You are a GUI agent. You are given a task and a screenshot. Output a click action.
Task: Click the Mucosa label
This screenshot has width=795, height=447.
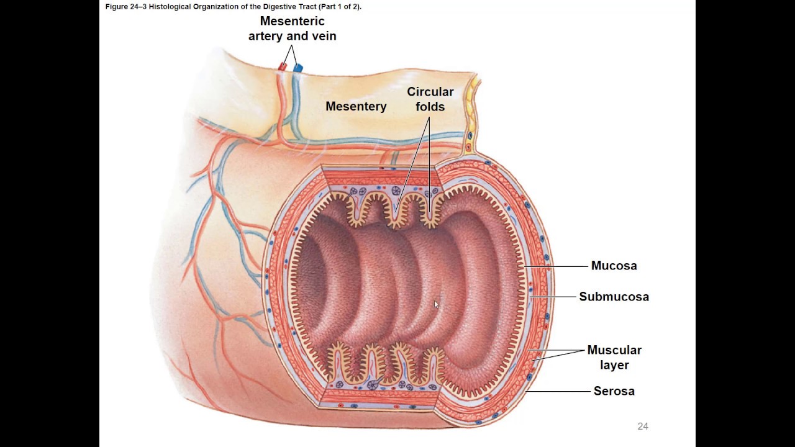[x=614, y=266]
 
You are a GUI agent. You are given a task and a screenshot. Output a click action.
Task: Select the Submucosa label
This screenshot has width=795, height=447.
[x=614, y=297]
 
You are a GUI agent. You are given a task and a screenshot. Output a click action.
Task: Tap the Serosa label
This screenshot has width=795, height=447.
[x=614, y=391]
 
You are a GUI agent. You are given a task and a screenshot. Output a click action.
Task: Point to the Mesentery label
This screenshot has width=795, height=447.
[x=356, y=106]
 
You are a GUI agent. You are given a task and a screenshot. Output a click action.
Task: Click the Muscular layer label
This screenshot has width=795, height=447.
[x=614, y=357]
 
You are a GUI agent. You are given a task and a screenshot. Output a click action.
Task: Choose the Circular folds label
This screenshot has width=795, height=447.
[x=430, y=99]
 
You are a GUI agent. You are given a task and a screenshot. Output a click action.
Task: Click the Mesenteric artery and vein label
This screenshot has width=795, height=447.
[x=293, y=29]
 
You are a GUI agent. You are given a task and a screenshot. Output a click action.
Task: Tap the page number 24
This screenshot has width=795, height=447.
[x=643, y=427]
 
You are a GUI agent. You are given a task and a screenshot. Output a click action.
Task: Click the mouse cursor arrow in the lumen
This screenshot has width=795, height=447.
[x=436, y=304]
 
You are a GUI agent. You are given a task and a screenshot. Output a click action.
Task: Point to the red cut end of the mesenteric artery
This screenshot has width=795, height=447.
[x=283, y=66]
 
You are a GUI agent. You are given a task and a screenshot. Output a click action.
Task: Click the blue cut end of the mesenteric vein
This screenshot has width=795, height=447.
[x=299, y=67]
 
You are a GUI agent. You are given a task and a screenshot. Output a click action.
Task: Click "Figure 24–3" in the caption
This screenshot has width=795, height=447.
[x=123, y=7]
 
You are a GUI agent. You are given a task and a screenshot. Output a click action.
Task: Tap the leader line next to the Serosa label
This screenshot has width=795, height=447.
[x=558, y=392]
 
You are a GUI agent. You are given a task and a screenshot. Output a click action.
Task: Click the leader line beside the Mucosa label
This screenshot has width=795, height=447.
[x=556, y=266]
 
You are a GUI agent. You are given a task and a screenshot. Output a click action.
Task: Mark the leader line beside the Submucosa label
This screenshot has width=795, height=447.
[x=553, y=297]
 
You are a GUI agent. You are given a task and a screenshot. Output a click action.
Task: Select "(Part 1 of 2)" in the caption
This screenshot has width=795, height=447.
[x=338, y=7]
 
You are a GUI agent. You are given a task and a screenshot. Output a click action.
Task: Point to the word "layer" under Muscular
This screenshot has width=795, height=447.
[x=614, y=365]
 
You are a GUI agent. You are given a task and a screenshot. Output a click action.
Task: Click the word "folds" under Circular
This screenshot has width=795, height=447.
[x=430, y=107]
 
